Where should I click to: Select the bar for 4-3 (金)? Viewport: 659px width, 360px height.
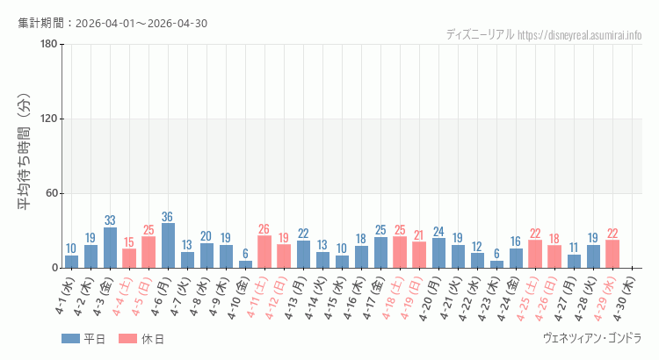[x=110, y=248]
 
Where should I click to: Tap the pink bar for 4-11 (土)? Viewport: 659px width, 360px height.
[x=264, y=252]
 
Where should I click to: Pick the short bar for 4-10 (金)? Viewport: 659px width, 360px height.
[x=245, y=264]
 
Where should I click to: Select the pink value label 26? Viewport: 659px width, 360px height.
[x=264, y=229]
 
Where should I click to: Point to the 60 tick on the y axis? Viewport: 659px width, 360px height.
[x=51, y=193]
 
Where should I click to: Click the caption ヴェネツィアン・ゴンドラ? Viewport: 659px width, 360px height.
[x=592, y=338]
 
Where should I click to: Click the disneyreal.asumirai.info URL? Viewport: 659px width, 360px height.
[x=579, y=35]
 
